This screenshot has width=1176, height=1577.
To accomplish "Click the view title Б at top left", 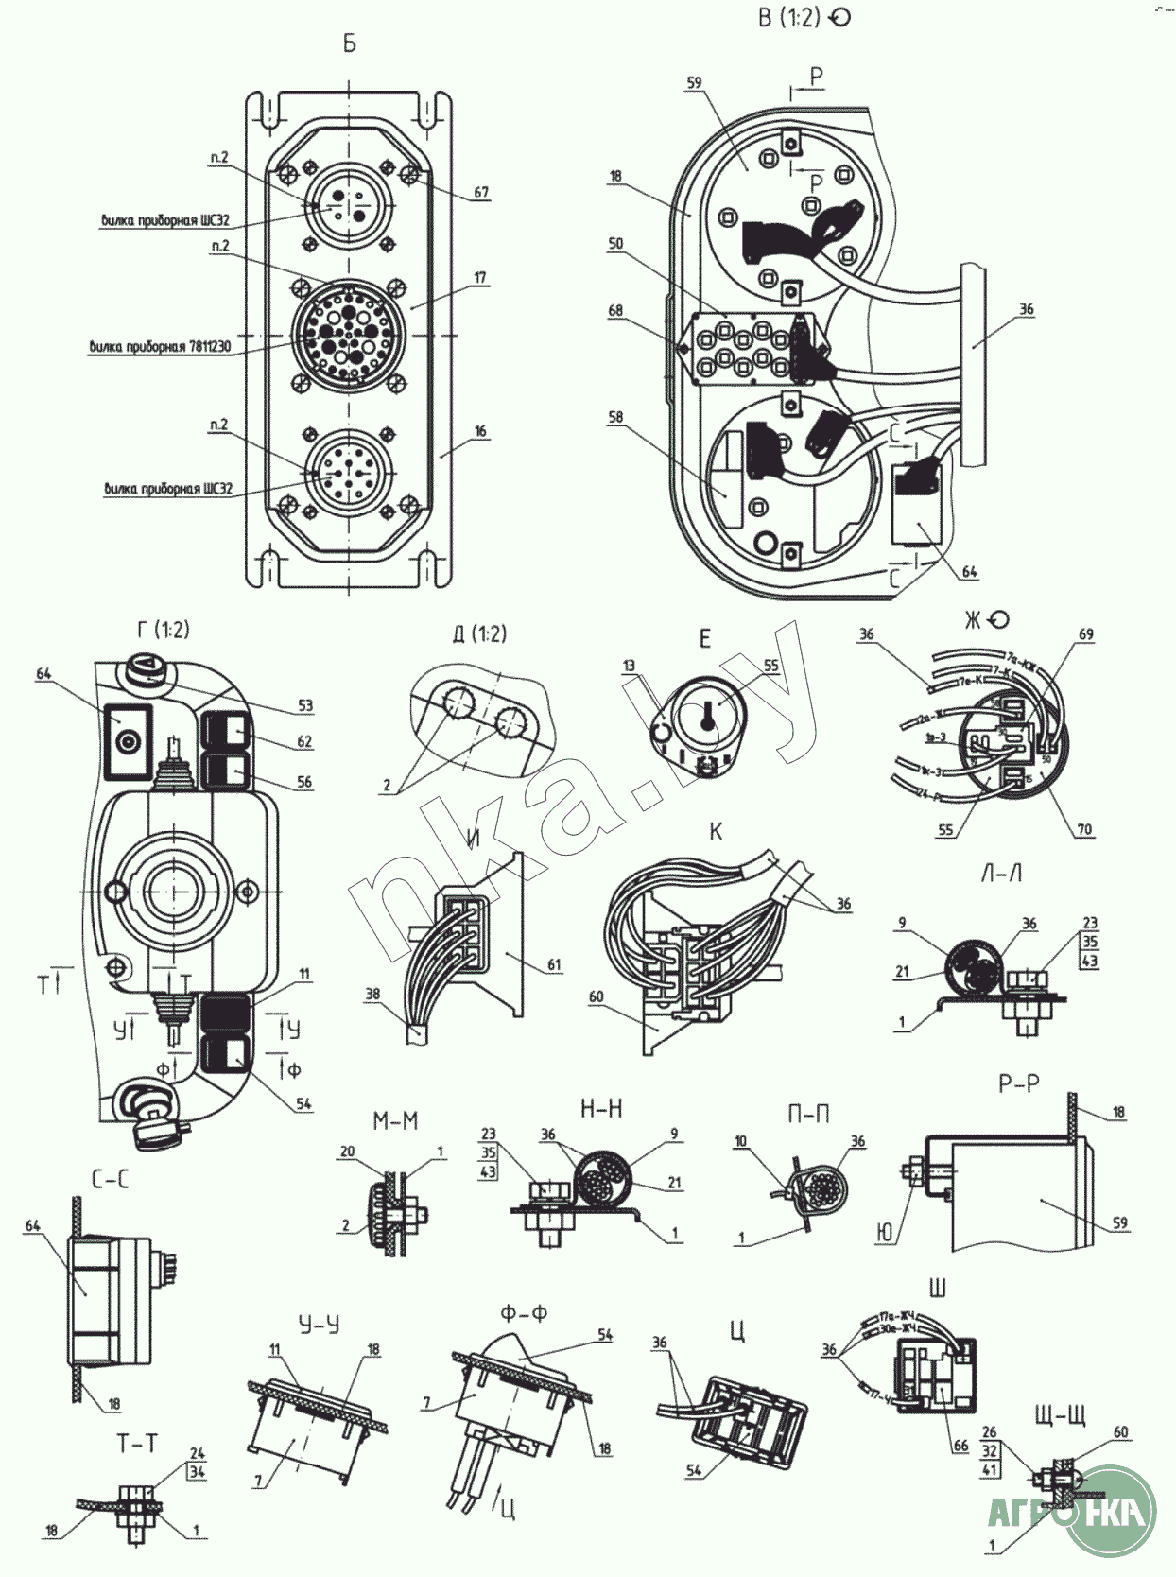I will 350,44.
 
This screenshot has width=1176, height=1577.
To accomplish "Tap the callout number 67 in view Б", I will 481,192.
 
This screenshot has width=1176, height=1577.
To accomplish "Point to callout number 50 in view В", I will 615,244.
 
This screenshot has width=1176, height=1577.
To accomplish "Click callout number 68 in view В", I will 615,310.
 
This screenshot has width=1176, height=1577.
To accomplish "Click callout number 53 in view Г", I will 304,705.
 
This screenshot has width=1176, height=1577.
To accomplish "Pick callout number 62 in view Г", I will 304,741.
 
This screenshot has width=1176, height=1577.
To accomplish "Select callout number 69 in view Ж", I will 1086,634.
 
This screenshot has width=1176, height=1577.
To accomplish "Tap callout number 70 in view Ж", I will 1084,829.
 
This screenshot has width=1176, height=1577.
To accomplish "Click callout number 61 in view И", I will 554,965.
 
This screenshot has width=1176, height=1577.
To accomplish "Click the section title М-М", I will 395,1121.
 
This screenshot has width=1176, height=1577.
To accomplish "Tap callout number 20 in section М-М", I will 346,1152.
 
